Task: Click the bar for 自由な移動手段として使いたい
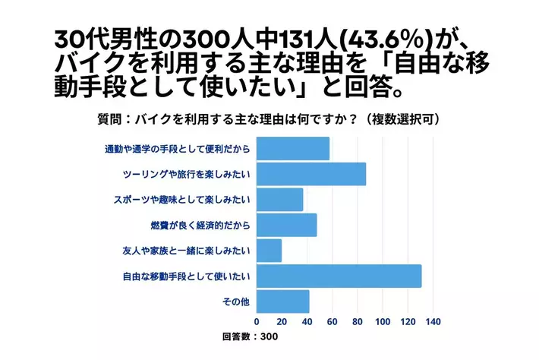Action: coord(339,276)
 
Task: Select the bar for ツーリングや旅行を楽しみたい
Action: coord(311,174)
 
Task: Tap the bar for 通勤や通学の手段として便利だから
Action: coord(293,149)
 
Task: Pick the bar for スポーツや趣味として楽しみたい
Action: coord(279,200)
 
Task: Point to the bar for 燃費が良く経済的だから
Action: coord(286,225)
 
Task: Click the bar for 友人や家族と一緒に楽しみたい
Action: coord(269,251)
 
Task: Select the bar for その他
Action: coord(282,302)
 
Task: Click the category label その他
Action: coord(235,302)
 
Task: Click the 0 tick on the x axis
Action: coord(257,321)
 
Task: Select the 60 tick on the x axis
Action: coord(332,321)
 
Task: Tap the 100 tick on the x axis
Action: coord(382,321)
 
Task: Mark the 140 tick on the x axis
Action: coord(432,321)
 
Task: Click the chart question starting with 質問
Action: coord(270,120)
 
